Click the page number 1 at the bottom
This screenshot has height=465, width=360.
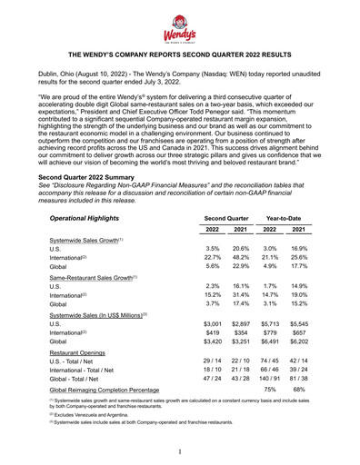(180, 452)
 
